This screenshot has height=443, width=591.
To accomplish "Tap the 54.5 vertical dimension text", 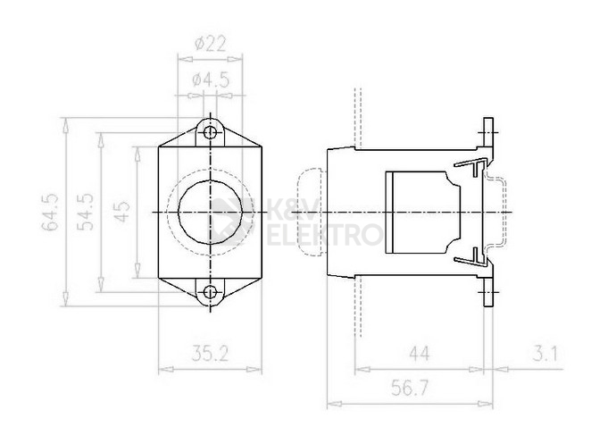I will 87,213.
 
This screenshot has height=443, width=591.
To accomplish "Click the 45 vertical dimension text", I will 124,212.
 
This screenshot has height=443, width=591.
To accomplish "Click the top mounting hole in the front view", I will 211,133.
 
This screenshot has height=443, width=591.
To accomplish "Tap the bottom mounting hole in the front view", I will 211,291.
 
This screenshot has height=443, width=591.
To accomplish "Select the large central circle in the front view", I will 211,212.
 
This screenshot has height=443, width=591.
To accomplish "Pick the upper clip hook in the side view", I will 472,166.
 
